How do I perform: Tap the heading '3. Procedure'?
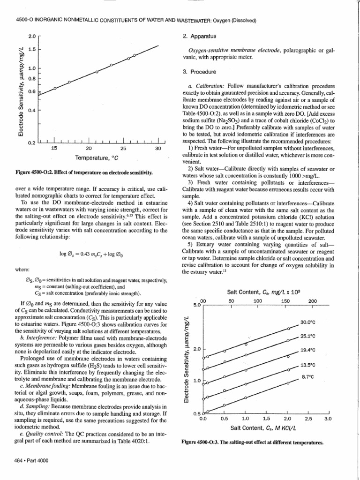[x=198, y=72]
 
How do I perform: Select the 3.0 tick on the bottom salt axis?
[x=328, y=419]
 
